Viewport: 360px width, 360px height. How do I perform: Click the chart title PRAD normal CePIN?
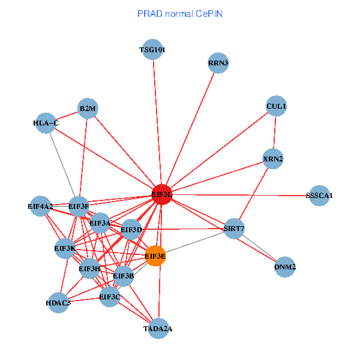(180, 13)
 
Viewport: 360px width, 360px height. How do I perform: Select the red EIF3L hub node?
(161, 194)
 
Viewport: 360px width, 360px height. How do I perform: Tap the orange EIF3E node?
(155, 256)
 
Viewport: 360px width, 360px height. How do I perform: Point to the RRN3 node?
(219, 62)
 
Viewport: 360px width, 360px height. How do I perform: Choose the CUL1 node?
(277, 106)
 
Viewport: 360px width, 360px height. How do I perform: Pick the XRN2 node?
(273, 159)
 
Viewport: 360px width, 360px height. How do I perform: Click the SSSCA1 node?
(319, 196)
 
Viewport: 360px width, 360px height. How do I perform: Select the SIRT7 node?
(234, 229)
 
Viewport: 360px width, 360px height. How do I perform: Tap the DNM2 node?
(285, 266)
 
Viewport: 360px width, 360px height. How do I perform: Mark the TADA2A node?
(158, 328)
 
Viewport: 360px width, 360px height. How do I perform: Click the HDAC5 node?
(59, 303)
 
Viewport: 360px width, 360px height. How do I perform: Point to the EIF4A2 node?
(40, 206)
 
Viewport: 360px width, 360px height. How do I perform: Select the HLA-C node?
(46, 124)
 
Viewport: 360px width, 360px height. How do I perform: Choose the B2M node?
(88, 109)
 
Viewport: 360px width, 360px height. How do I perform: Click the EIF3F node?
(79, 206)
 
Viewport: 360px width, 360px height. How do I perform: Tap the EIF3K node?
(65, 248)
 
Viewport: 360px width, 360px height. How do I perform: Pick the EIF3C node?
(110, 296)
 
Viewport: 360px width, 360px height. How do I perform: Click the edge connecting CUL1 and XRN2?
(275, 133)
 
